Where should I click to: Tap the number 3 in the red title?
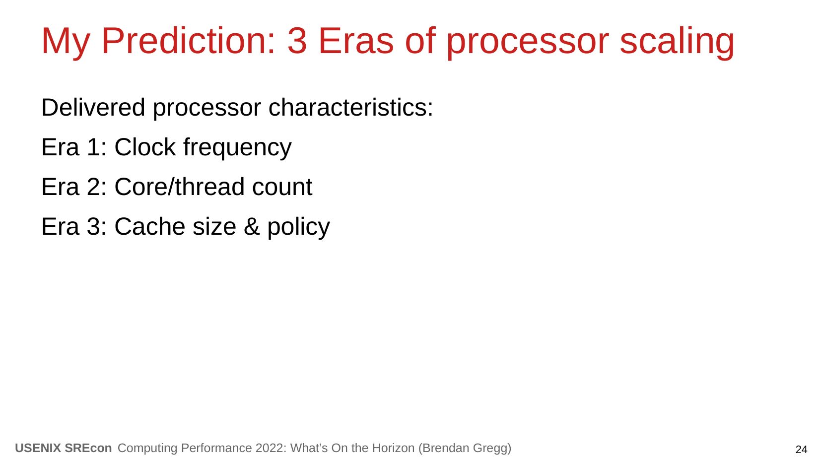297,41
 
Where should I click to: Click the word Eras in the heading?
356,41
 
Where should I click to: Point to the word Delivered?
93,107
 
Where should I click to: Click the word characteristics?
351,107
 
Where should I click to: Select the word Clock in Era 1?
145,147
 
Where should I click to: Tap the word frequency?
237,148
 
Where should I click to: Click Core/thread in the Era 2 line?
180,187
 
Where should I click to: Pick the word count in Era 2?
282,187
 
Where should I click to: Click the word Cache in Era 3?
150,226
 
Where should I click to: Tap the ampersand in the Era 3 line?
252,226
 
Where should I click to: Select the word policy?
299,227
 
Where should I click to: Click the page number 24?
801,449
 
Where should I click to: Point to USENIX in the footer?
38,448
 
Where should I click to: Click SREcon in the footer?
88,448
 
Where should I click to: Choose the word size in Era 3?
215,226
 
